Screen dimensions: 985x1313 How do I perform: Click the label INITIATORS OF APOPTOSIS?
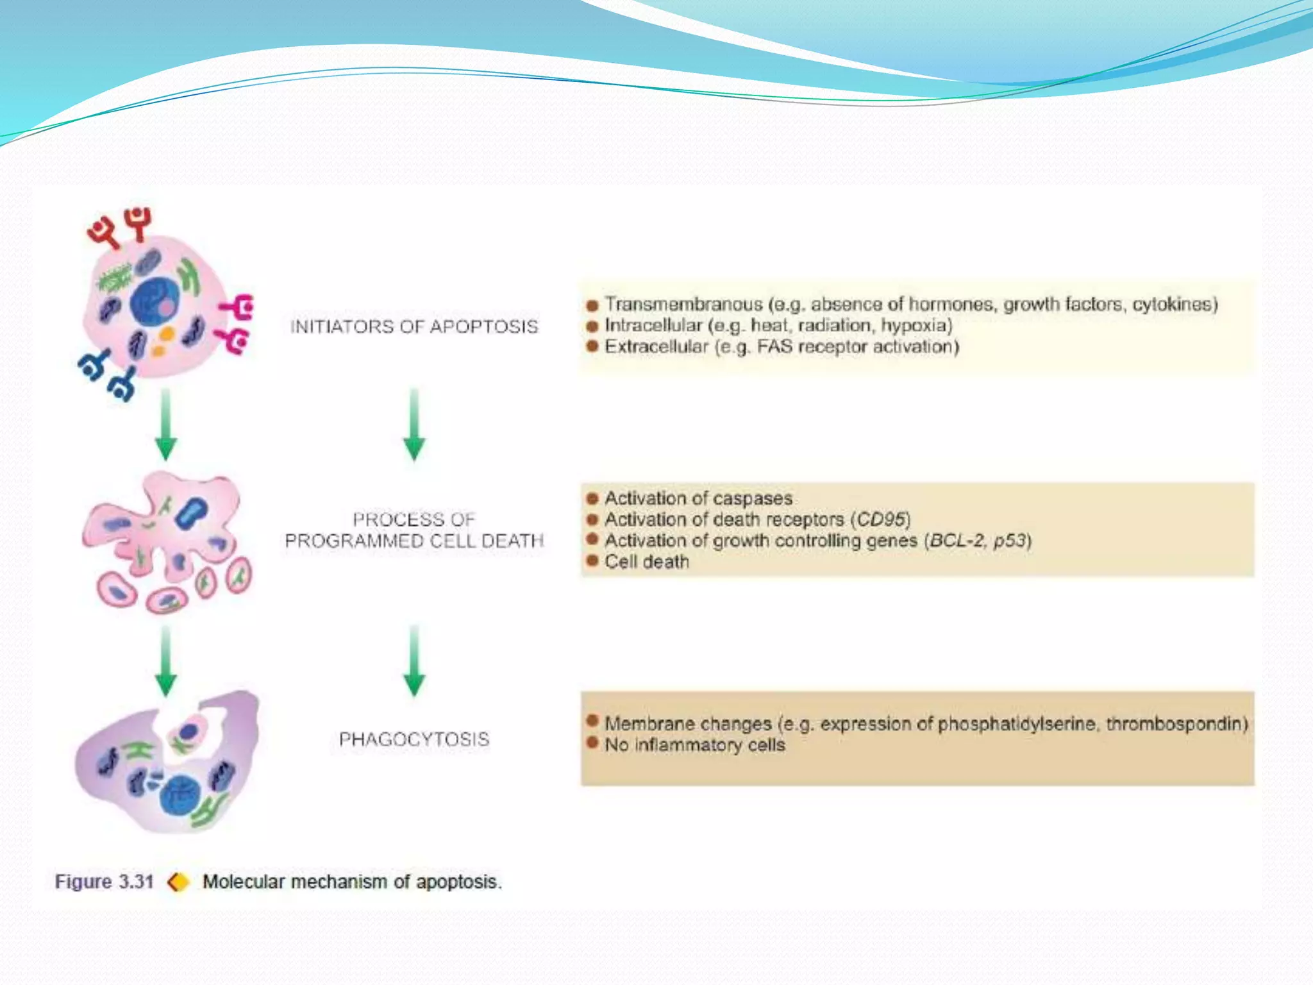point(414,326)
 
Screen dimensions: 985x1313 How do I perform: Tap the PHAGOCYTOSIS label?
point(414,739)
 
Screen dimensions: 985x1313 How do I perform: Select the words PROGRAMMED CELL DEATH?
point(414,541)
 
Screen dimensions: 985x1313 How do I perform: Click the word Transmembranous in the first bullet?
point(683,304)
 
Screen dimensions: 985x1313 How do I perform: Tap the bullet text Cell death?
point(646,562)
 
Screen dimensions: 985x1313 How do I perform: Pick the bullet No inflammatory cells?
point(694,745)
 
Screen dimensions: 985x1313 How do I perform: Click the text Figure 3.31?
point(104,882)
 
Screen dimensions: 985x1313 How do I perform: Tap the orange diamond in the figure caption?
point(178,882)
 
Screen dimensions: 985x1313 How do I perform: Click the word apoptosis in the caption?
point(456,882)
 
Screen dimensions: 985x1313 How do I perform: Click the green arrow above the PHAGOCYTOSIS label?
point(414,661)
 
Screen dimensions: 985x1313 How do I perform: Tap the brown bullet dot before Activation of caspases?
point(592,498)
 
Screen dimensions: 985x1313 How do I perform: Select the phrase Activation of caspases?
point(698,498)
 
